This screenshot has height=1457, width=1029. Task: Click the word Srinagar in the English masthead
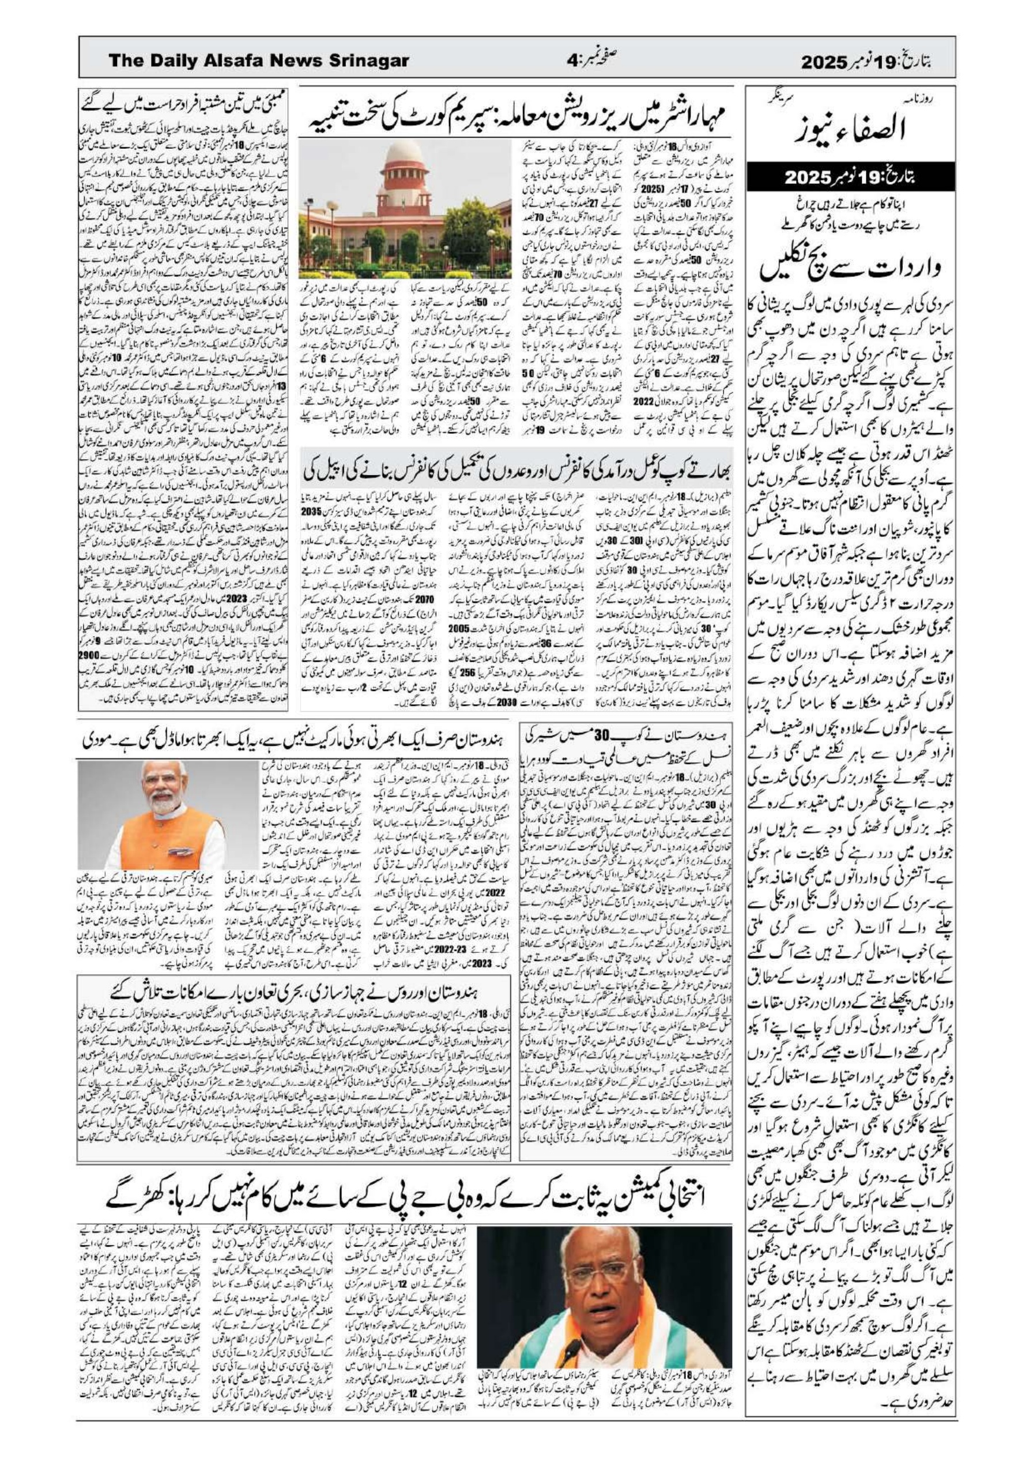(368, 62)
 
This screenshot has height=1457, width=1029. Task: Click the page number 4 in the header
(573, 62)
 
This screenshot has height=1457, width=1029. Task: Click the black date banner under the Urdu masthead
(851, 177)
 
